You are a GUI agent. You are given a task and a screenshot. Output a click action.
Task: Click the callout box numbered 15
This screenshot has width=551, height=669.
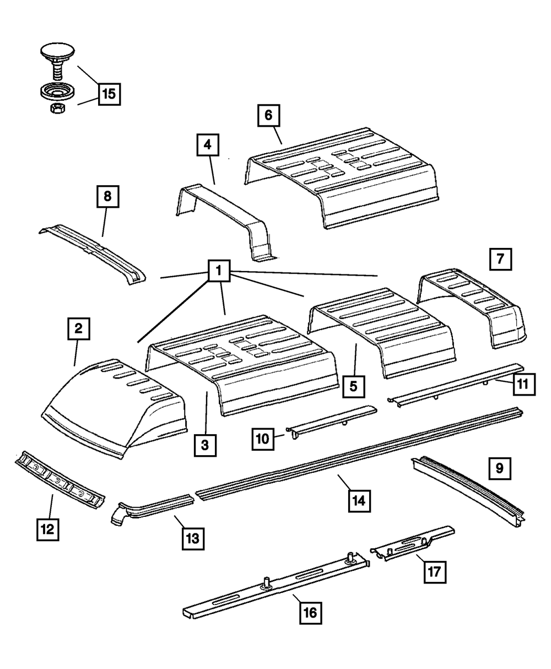[x=109, y=94]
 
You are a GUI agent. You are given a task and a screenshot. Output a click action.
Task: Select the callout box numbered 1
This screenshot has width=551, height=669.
[x=219, y=271]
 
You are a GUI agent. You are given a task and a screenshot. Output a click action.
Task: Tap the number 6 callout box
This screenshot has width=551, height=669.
[x=268, y=115]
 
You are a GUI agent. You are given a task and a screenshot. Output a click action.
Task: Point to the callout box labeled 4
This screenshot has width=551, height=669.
[x=207, y=145]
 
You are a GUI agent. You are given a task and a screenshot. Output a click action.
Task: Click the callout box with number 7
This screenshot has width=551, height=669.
[x=500, y=258]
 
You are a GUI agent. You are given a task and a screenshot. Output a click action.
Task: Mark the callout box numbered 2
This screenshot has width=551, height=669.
[x=78, y=330]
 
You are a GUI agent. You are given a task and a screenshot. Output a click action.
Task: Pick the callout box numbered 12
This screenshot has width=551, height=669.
[x=47, y=530]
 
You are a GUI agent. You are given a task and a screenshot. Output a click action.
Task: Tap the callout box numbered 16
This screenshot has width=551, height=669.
[x=311, y=612]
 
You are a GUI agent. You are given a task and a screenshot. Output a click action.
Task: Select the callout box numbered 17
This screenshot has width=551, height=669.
[x=434, y=572]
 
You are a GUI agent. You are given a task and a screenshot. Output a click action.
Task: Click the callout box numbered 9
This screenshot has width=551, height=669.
[x=500, y=469]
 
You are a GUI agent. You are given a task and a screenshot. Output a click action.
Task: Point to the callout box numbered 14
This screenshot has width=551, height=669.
[x=359, y=501]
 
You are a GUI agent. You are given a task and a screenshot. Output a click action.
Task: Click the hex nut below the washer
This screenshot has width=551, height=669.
[x=55, y=109]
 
